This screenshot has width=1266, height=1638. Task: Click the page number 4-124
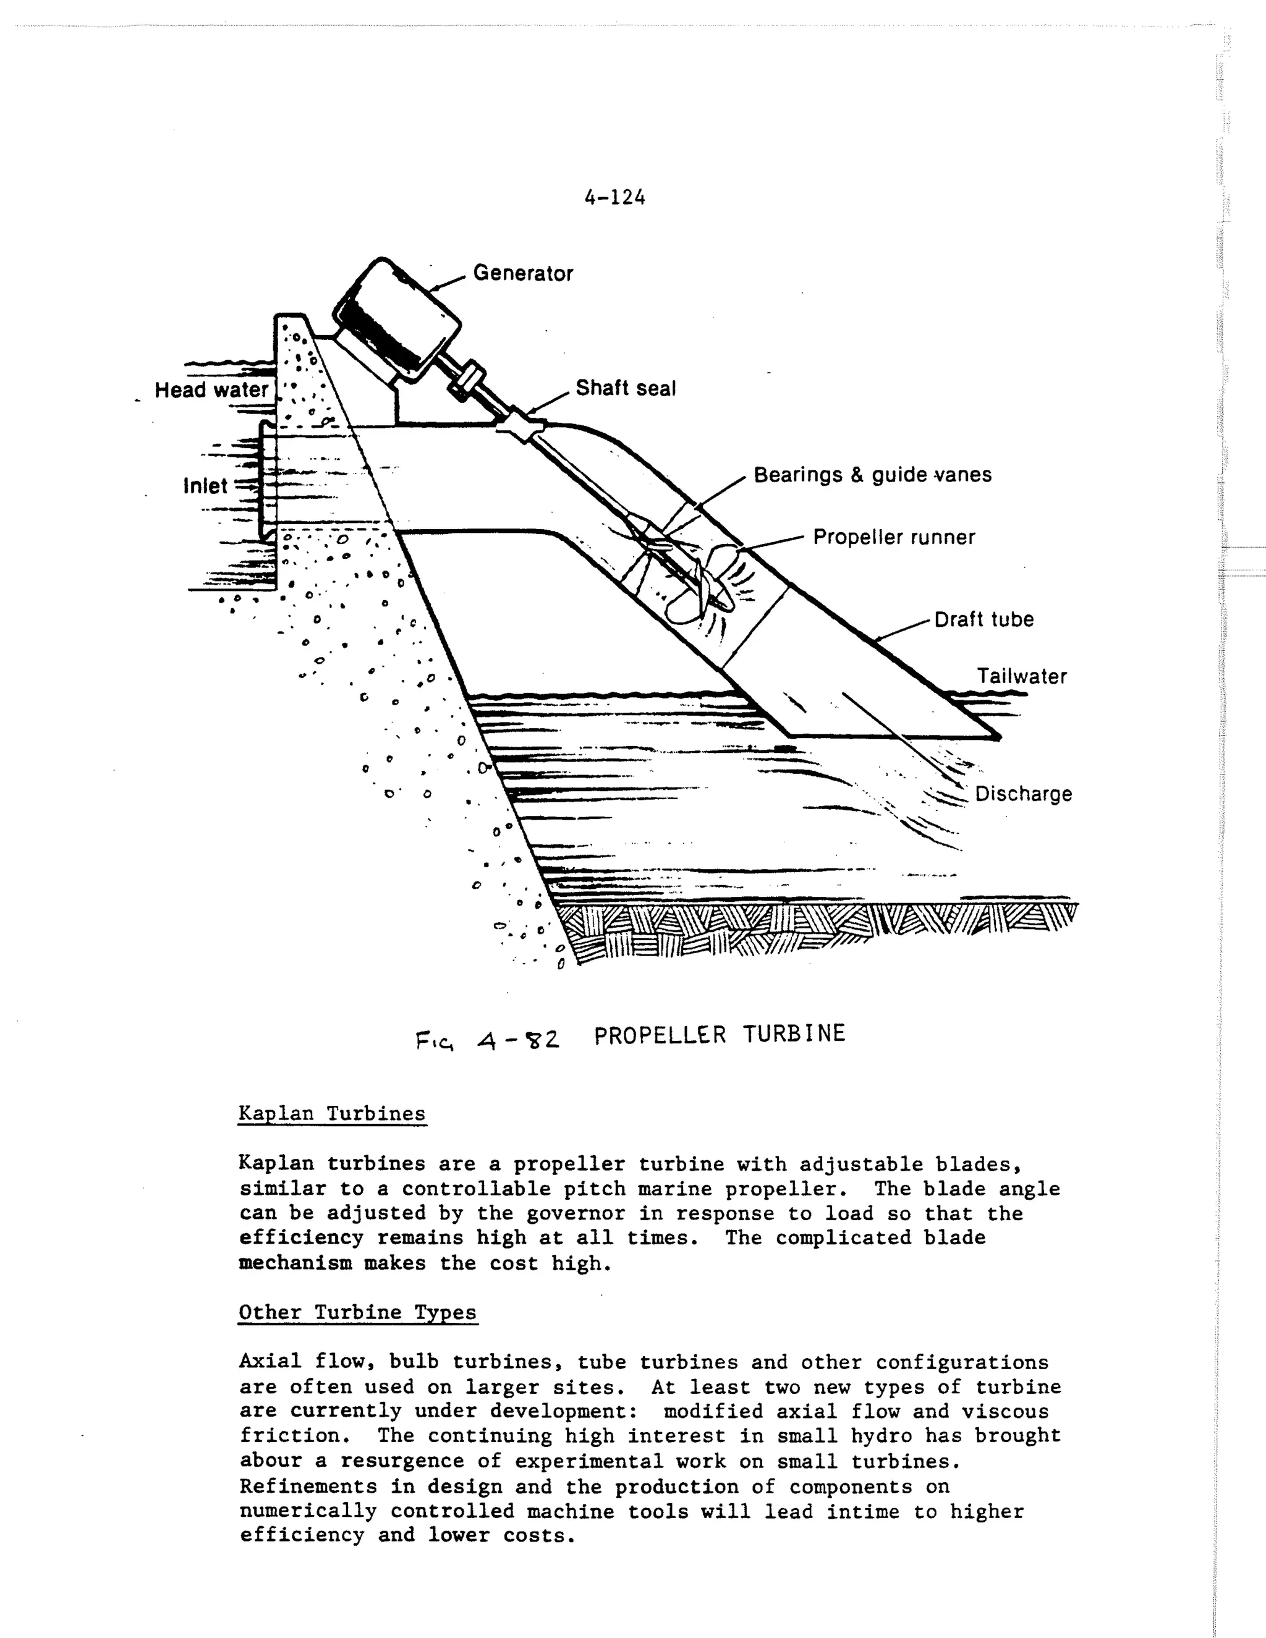(614, 197)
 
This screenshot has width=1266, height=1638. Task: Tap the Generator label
(523, 273)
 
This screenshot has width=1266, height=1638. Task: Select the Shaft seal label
(626, 389)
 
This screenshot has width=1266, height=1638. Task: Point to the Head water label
(211, 390)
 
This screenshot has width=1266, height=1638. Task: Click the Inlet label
(205, 486)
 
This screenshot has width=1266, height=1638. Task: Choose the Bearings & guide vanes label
(872, 475)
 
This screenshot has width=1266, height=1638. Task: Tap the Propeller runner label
(894, 537)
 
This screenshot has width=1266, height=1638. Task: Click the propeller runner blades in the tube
(701, 593)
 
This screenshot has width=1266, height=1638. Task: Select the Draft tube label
(983, 619)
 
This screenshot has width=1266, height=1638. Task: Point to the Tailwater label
(1021, 676)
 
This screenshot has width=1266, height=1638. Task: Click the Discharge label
(1023, 794)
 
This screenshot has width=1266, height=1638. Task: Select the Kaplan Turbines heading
(331, 1114)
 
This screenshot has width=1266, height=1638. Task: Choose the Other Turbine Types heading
(357, 1312)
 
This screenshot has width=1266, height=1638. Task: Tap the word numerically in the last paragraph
(307, 1511)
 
